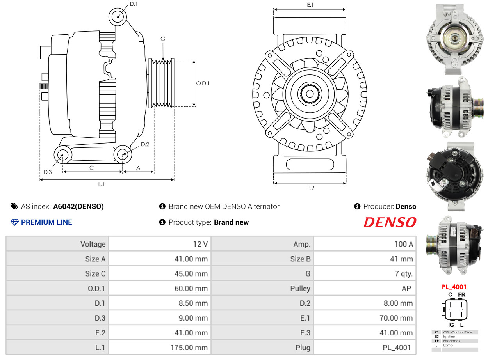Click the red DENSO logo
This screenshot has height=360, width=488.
pyautogui.click(x=390, y=222)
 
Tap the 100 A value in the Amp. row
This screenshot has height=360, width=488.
pyautogui.click(x=404, y=244)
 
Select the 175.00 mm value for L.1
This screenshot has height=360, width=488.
pyautogui.click(x=189, y=348)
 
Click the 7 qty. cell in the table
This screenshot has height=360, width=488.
pyautogui.click(x=404, y=274)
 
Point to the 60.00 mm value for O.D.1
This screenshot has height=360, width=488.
pyautogui.click(x=191, y=289)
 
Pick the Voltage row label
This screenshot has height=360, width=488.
pyautogui.click(x=93, y=244)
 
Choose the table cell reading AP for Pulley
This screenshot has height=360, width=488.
pyautogui.click(x=406, y=289)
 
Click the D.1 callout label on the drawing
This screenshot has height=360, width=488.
pyautogui.click(x=134, y=4)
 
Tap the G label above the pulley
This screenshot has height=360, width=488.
pyautogui.click(x=163, y=39)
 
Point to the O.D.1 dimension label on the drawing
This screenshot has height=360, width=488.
pyautogui.click(x=203, y=83)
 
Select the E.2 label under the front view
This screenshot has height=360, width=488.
pyautogui.click(x=311, y=188)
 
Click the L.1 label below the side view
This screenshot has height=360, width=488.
pyautogui.click(x=101, y=184)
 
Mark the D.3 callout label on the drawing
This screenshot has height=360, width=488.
pyautogui.click(x=48, y=172)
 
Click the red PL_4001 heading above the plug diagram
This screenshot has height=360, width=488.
pyautogui.click(x=454, y=287)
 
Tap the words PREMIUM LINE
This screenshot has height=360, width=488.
pyautogui.click(x=46, y=222)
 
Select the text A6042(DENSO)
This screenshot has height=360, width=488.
pyautogui.click(x=78, y=206)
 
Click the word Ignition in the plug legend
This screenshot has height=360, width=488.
pyautogui.click(x=449, y=337)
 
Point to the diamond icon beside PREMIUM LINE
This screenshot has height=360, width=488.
pyautogui.click(x=14, y=222)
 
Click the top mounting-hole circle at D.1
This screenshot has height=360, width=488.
pyautogui.click(x=118, y=17)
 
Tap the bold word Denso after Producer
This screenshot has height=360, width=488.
pyautogui.click(x=406, y=206)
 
